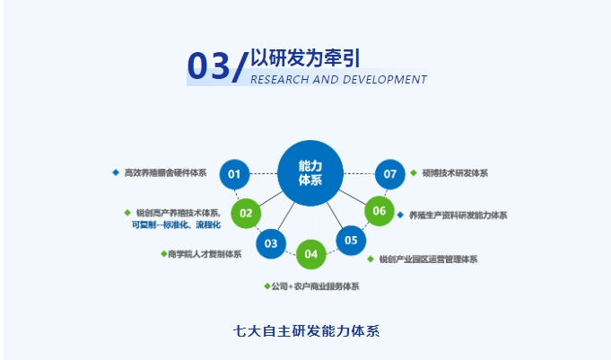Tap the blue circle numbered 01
tap(234, 173)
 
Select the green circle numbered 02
tap(246, 214)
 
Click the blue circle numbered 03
tap(271, 242)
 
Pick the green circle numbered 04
tap(311, 254)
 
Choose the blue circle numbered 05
tap(351, 240)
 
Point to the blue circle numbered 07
tap(389, 173)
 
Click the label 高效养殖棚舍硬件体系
tap(166, 172)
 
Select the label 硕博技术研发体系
tap(454, 173)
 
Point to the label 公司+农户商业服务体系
tap(315, 286)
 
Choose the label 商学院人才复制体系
tap(205, 254)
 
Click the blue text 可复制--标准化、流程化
tap(176, 224)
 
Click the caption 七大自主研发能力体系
tap(306, 329)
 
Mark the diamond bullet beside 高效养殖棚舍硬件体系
tap(116, 172)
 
